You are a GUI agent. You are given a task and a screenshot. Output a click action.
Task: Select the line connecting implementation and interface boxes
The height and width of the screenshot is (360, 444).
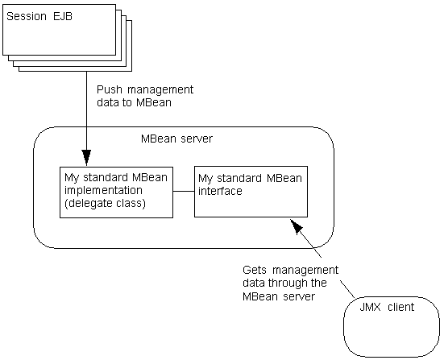coord(184,192)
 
